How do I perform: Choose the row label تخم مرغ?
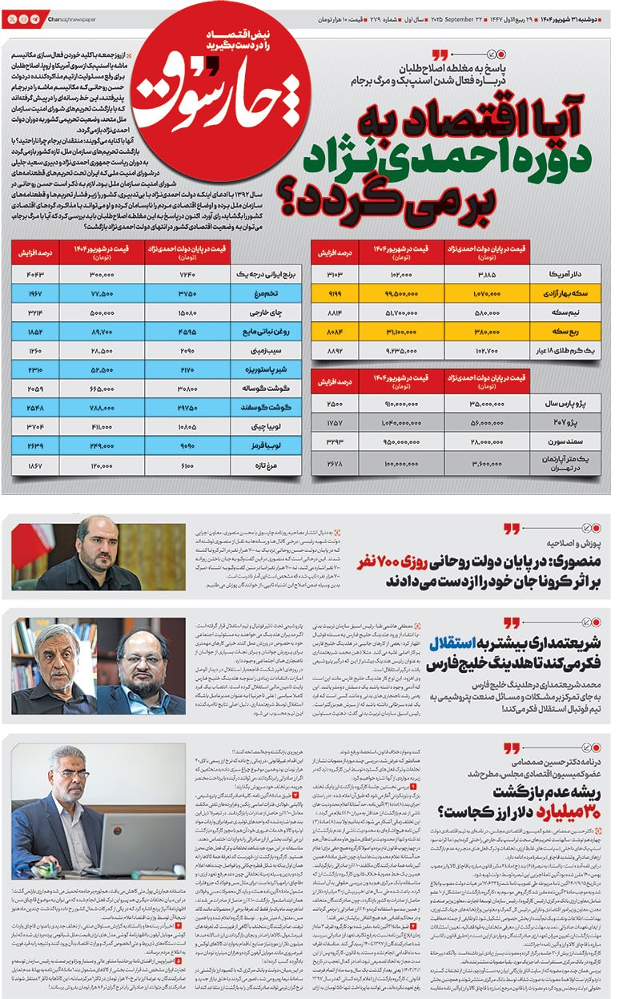pyautogui.click(x=263, y=294)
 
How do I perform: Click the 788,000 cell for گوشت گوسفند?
pyautogui.click(x=102, y=408)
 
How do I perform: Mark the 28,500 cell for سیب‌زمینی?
pyautogui.click(x=102, y=351)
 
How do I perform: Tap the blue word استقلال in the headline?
pyautogui.click(x=456, y=643)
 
